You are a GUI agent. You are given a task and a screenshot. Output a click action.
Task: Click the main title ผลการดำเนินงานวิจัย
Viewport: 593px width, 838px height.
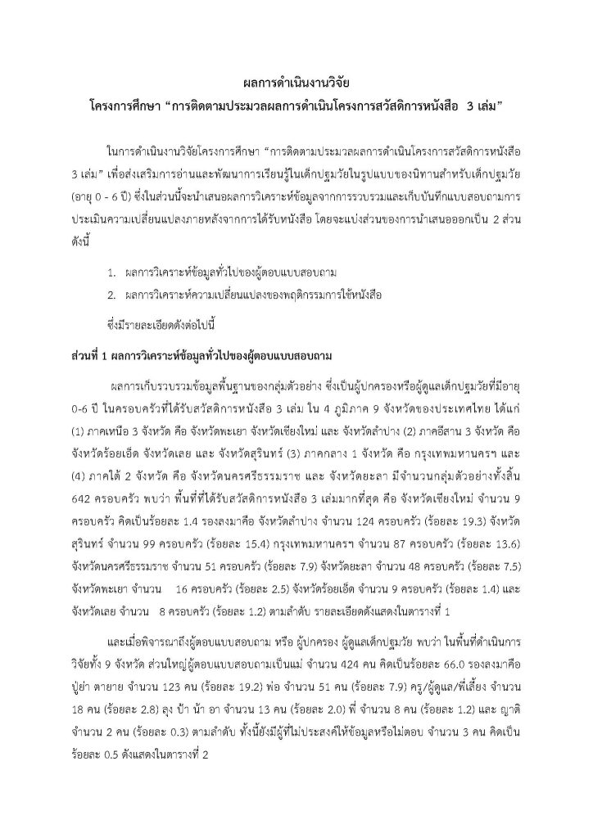pyautogui.click(x=297, y=83)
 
